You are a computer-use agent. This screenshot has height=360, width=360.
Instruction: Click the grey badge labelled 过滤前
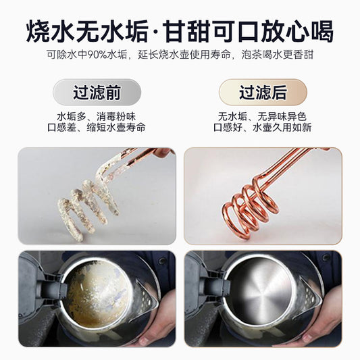(97, 93)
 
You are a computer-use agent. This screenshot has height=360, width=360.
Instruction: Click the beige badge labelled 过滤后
(263, 93)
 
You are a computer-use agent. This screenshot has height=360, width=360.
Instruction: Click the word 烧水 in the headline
(51, 32)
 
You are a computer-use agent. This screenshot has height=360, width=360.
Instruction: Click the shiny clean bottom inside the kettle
(259, 292)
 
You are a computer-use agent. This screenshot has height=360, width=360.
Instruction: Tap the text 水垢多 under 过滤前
(72, 117)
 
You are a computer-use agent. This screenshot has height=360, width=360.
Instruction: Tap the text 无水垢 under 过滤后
(232, 117)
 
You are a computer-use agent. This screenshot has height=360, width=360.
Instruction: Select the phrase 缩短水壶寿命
(116, 128)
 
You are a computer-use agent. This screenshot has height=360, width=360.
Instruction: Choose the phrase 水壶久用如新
(282, 128)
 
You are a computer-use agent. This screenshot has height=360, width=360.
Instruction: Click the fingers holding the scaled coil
(163, 152)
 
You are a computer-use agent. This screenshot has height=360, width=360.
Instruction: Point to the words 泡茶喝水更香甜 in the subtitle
(277, 55)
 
